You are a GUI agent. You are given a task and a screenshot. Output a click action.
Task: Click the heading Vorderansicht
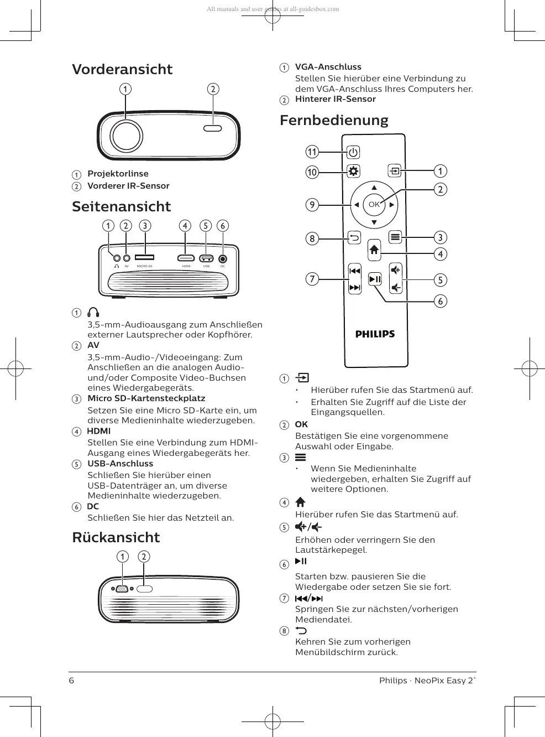coord(122,70)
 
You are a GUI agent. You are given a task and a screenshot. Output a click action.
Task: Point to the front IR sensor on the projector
coord(213,128)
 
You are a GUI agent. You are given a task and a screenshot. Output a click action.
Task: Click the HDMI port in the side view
coord(186,258)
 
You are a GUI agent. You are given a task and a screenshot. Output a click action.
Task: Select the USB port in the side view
coord(206,258)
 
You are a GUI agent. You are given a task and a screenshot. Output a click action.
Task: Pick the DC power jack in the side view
coord(223,258)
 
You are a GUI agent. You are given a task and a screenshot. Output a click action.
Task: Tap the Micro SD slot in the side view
coord(145,257)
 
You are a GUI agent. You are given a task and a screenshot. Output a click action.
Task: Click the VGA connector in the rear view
coord(123,589)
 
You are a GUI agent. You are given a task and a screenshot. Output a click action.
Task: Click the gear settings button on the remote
coord(353,171)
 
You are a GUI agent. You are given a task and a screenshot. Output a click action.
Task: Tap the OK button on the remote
coord(374,205)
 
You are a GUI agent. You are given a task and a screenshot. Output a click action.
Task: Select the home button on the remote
coord(374,250)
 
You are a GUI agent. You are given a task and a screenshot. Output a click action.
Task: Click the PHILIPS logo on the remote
coord(375,334)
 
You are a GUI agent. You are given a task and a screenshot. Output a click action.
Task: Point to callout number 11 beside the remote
coord(312,152)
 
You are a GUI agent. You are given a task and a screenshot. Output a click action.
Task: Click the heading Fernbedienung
coord(334,121)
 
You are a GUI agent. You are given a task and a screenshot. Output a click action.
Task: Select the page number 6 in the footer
coord(71,681)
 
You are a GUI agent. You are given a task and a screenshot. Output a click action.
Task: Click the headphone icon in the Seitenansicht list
coord(93,313)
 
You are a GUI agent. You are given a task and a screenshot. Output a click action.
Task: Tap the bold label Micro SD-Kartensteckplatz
coord(146,398)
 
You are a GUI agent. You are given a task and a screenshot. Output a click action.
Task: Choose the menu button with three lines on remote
coord(395,237)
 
